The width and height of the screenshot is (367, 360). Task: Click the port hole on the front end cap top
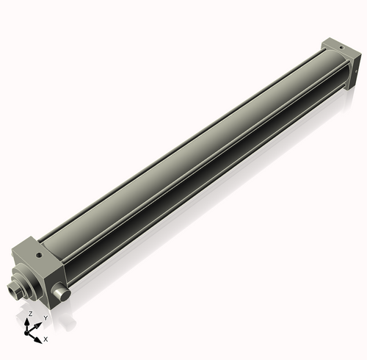click(x=37, y=256)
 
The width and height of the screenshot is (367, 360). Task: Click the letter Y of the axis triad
click(x=45, y=317)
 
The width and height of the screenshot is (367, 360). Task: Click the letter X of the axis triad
click(x=46, y=339)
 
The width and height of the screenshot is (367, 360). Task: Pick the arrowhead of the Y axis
click(x=38, y=324)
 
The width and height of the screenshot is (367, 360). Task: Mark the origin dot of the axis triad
click(x=30, y=333)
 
